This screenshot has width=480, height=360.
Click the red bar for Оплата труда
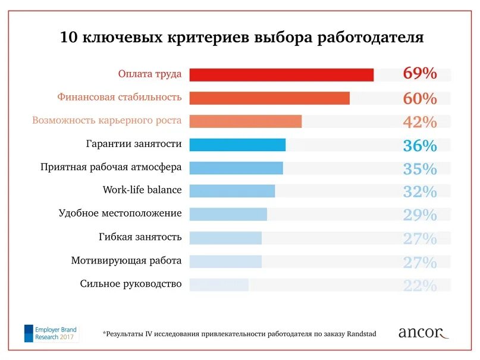click(281, 74)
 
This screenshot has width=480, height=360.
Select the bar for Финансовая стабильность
click(269, 98)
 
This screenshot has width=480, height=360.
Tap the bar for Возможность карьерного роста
click(246, 121)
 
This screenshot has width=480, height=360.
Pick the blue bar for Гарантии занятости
click(237, 145)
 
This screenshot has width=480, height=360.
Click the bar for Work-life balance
click(232, 191)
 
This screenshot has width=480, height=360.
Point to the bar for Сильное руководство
click(219, 284)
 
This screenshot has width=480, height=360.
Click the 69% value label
click(420, 74)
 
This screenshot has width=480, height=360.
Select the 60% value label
click(420, 98)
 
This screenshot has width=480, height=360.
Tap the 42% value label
click(420, 122)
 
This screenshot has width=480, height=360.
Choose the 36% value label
click(420, 146)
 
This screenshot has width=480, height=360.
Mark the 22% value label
click(420, 286)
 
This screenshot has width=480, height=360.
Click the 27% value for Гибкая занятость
click(420, 239)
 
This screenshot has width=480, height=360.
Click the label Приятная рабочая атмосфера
click(111, 167)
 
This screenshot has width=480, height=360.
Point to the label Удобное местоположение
click(120, 213)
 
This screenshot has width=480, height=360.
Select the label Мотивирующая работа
click(126, 261)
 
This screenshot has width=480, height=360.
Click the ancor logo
click(423, 333)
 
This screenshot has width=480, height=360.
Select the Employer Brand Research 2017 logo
click(51, 333)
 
